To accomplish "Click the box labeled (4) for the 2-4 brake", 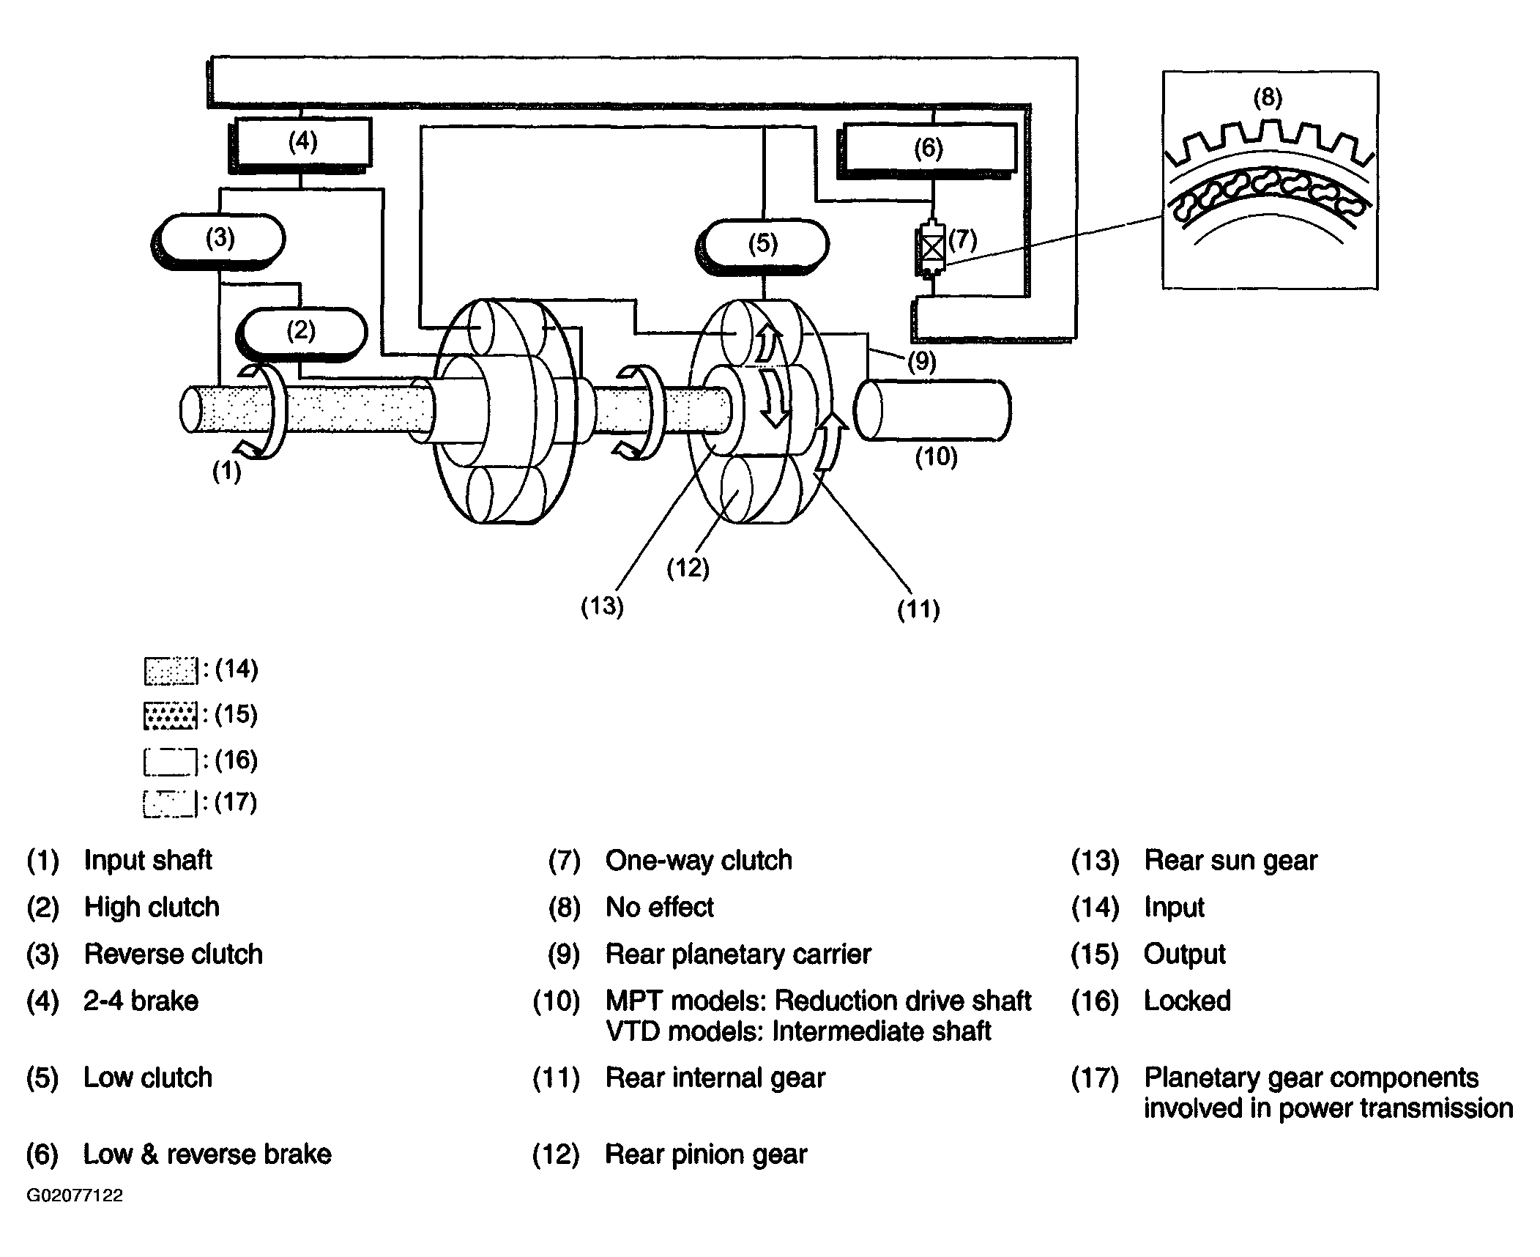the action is [x=301, y=144].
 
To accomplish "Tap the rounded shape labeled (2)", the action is [x=302, y=333].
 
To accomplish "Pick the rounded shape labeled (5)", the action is [x=764, y=245].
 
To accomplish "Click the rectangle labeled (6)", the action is [x=928, y=149].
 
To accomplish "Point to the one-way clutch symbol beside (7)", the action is [x=931, y=250].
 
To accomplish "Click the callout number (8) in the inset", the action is [x=1268, y=97].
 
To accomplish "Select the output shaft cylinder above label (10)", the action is [x=933, y=410].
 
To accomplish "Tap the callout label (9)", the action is [x=921, y=362].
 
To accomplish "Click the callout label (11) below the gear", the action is [x=918, y=609].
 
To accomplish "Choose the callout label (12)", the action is [x=688, y=568].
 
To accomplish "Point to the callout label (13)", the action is [x=602, y=606].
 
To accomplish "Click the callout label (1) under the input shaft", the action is [x=226, y=471].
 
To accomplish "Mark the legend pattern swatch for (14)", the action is [x=171, y=671].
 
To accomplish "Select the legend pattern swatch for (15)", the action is [x=171, y=716].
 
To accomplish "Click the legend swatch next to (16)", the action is [x=171, y=761].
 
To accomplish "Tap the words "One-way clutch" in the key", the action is [x=699, y=860].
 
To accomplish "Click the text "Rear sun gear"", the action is [x=1230, y=860].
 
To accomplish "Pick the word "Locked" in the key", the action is [x=1187, y=1001].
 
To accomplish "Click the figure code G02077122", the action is [x=75, y=1195].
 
